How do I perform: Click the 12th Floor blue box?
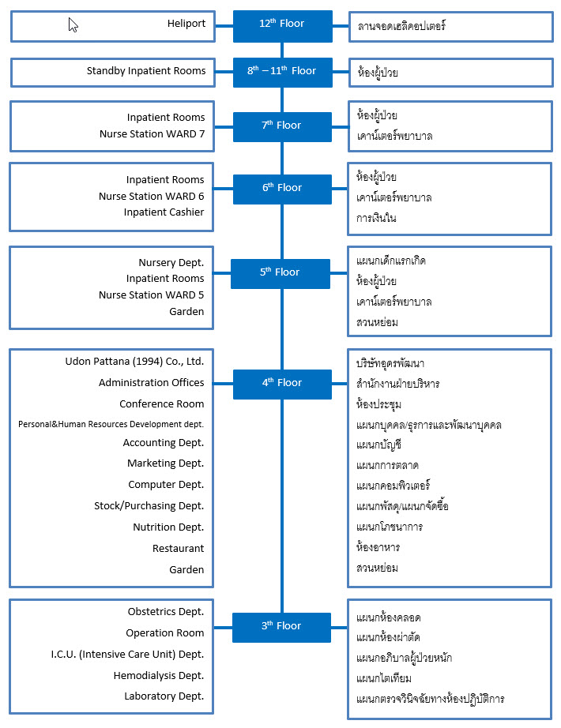tap(283, 27)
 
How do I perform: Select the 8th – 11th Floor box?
tap(283, 73)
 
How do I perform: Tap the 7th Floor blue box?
tap(282, 127)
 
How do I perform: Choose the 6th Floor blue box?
tap(282, 189)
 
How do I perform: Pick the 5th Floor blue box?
tap(280, 273)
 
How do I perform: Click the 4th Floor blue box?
tap(282, 384)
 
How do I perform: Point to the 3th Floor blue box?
tap(281, 627)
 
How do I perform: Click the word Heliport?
tap(186, 24)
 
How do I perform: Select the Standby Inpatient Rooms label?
tap(146, 71)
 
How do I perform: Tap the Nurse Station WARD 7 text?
tap(152, 134)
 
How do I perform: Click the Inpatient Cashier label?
tap(164, 212)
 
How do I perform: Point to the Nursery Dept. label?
tap(171, 263)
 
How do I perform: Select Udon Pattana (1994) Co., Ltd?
tap(134, 362)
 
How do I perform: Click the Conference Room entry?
tap(162, 404)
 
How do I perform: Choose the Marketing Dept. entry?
tap(165, 463)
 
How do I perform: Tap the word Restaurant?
tap(178, 549)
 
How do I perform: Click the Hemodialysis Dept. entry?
tap(159, 676)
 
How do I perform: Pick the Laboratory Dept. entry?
tap(164, 696)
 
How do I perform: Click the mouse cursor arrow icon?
tap(73, 24)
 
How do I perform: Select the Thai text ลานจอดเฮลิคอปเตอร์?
tap(401, 26)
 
